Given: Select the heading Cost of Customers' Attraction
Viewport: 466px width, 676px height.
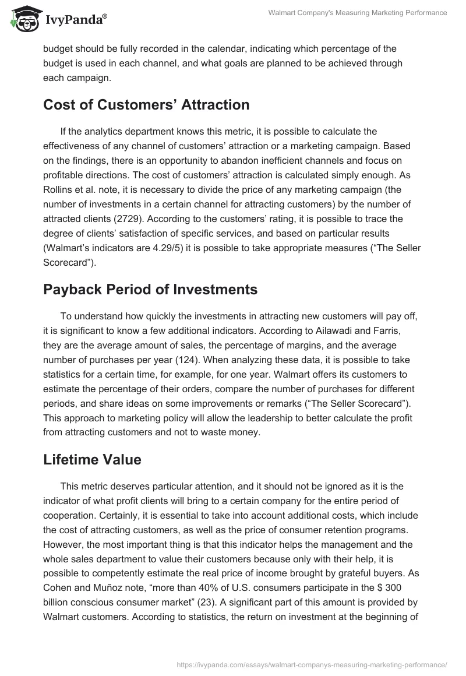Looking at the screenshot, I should point(146,105).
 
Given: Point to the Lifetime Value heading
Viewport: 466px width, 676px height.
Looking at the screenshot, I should point(92,459).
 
